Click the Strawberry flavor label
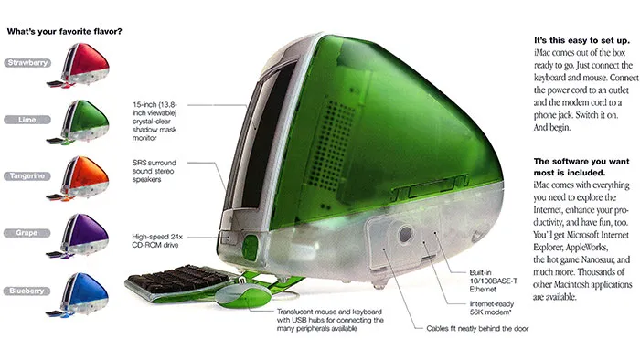tap(27, 63)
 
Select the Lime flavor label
tap(27, 120)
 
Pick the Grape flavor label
tap(27, 233)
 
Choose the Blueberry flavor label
tap(27, 290)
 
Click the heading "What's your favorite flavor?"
tap(65, 31)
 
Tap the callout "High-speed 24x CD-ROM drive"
tap(161, 240)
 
